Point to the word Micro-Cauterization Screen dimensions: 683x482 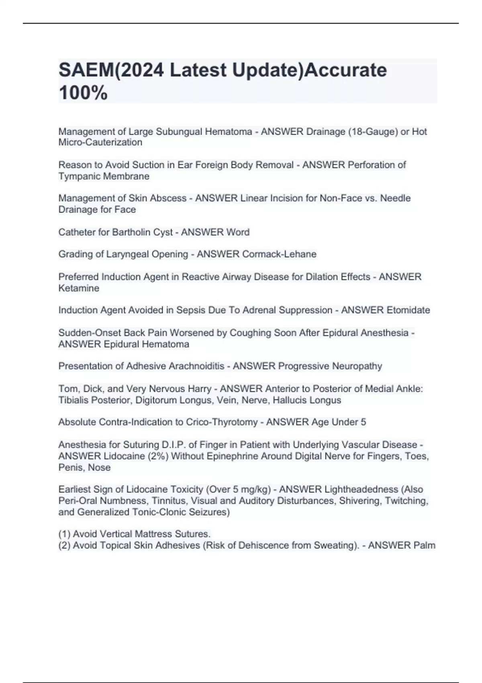click(x=100, y=142)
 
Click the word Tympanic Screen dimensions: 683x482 click(x=78, y=176)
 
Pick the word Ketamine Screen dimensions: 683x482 click(x=79, y=288)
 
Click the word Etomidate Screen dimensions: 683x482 click(x=408, y=310)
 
